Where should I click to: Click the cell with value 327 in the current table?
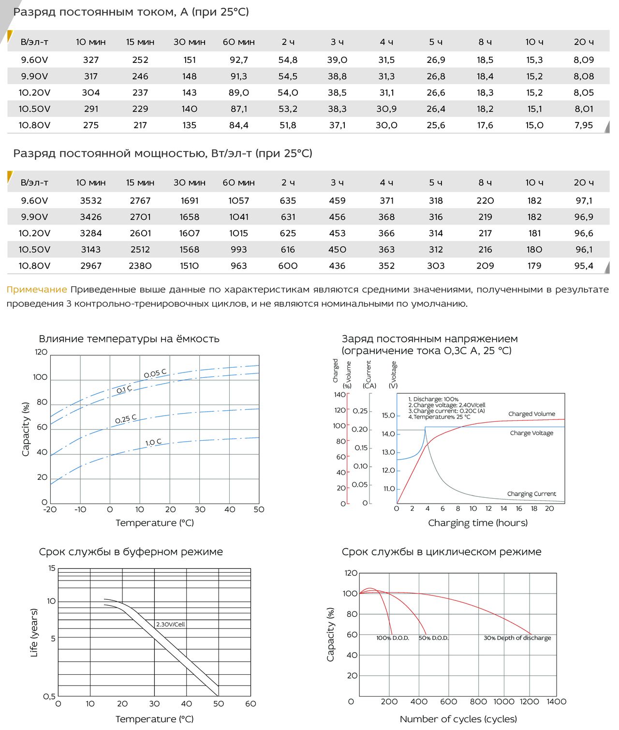point(91,60)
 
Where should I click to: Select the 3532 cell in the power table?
point(91,201)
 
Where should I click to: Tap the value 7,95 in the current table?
point(583,125)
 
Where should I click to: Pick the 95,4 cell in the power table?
point(583,266)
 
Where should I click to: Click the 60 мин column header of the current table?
point(239,42)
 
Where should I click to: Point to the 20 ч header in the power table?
point(583,182)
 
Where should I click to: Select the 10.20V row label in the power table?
point(34,233)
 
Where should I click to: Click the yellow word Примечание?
point(37,290)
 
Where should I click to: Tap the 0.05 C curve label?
point(155,373)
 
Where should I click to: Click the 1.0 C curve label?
point(153,442)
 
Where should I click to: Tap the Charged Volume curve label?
point(531,414)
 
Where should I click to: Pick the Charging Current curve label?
point(531,494)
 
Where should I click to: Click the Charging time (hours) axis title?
point(478,522)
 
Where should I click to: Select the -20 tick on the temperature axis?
point(50,509)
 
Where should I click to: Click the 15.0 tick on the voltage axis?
point(388,416)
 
